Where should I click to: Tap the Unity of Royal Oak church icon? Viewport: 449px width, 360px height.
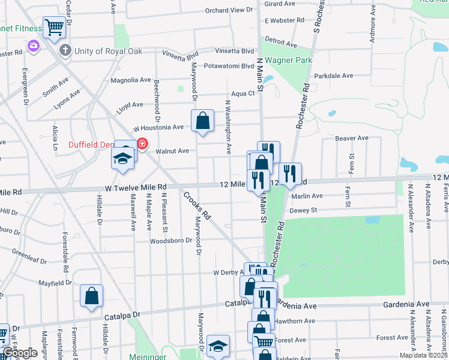point(65,51)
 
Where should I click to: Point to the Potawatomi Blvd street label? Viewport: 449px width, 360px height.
point(229,66)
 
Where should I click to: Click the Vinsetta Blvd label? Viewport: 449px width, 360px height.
point(231,51)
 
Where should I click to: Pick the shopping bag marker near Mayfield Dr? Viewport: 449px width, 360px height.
point(91,296)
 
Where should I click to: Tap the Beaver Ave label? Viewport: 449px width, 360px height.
point(351,138)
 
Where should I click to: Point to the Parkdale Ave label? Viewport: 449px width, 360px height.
point(334,76)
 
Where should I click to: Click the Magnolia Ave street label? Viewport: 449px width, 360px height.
point(131,80)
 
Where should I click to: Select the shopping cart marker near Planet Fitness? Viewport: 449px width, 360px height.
point(54,27)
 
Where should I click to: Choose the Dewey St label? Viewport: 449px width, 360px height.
point(303,211)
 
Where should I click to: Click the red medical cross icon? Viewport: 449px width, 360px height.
point(142,144)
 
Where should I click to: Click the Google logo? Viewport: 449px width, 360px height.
point(19,353)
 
